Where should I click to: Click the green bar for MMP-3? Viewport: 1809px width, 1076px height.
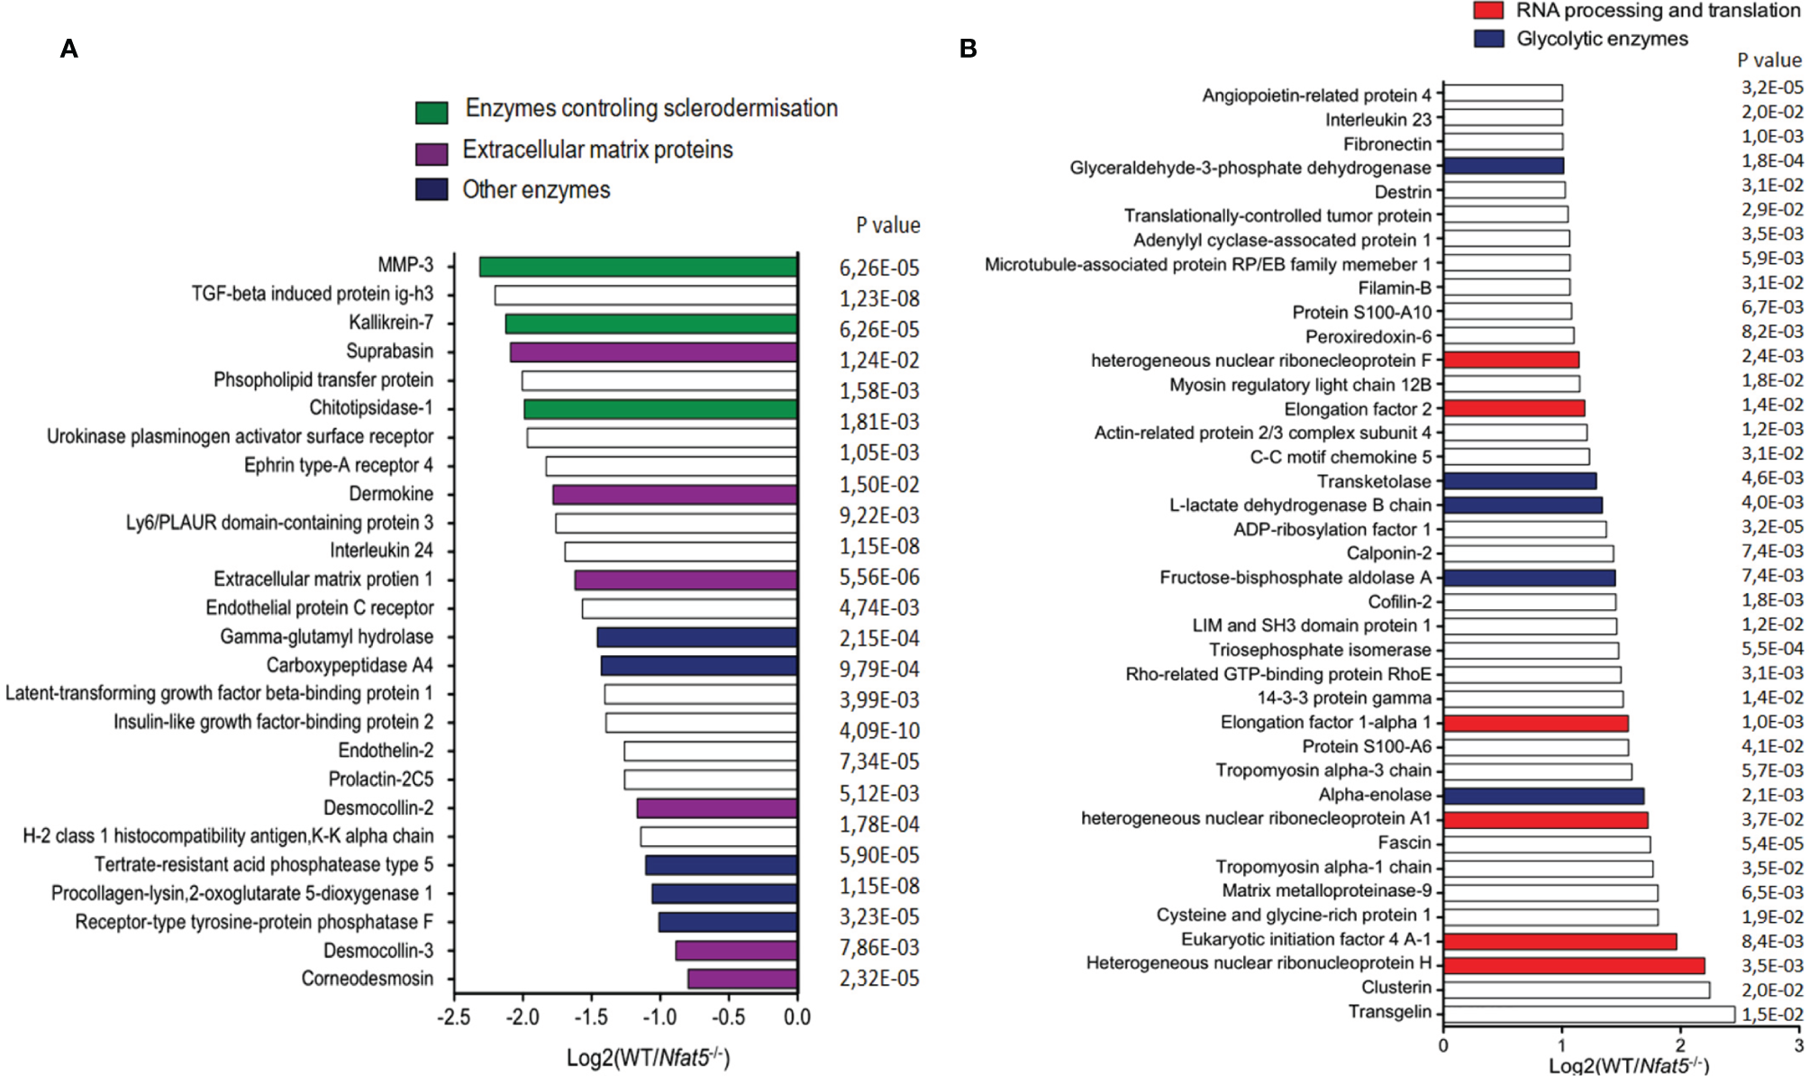638,267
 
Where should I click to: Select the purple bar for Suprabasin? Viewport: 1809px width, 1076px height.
653,352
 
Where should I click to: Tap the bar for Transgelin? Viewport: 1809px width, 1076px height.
1588,1014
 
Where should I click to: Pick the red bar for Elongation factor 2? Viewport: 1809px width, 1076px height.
1514,408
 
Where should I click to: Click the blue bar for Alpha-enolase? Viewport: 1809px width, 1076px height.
1543,796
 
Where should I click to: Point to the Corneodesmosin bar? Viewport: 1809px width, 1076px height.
741,979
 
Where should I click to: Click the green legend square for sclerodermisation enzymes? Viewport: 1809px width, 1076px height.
432,113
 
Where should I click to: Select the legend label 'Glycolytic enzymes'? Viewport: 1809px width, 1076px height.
1602,39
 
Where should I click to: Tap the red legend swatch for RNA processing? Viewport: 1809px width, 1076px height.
1488,11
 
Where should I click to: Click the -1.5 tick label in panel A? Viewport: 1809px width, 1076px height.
591,1017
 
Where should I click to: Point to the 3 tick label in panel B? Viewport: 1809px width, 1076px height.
1798,1045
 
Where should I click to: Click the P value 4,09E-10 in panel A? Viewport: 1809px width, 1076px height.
879,731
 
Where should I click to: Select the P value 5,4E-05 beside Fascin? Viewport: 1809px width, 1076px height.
1772,843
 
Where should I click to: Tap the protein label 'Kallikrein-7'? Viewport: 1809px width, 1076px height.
391,323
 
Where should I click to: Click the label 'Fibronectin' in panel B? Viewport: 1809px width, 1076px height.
1386,144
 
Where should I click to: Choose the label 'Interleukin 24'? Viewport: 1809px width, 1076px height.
381,551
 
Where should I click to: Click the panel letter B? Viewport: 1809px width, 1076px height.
968,49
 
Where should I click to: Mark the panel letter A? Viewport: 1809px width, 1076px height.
68,49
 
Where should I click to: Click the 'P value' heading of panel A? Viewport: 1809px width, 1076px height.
887,225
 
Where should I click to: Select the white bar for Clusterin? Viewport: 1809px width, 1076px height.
1576,989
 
